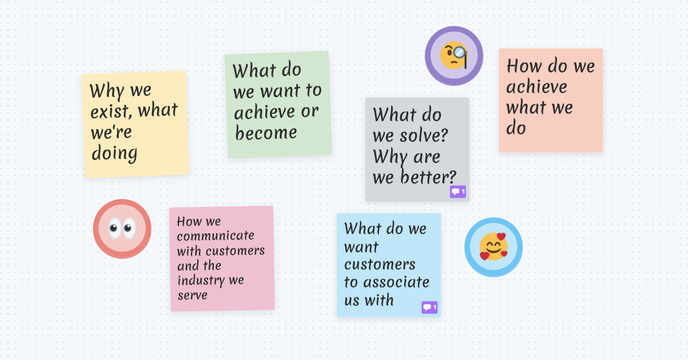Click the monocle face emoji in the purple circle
(x=454, y=56)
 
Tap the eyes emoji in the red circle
(x=122, y=229)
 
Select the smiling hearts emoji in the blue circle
(x=493, y=247)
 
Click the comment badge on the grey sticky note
(x=458, y=191)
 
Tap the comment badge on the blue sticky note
(x=429, y=308)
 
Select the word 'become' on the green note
(x=266, y=133)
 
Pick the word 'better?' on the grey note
(x=428, y=177)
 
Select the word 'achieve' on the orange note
(x=536, y=87)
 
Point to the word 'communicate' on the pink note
(x=216, y=236)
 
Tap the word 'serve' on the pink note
(x=192, y=295)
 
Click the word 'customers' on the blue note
(x=380, y=265)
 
